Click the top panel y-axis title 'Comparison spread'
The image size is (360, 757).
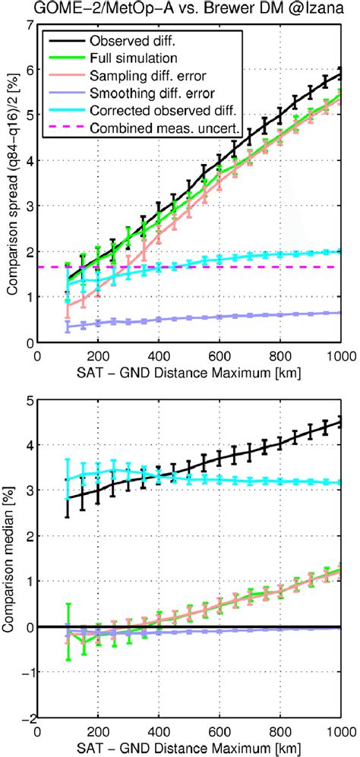point(11,182)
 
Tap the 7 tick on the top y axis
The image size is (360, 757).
point(29,24)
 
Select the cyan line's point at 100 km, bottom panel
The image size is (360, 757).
point(68,479)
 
